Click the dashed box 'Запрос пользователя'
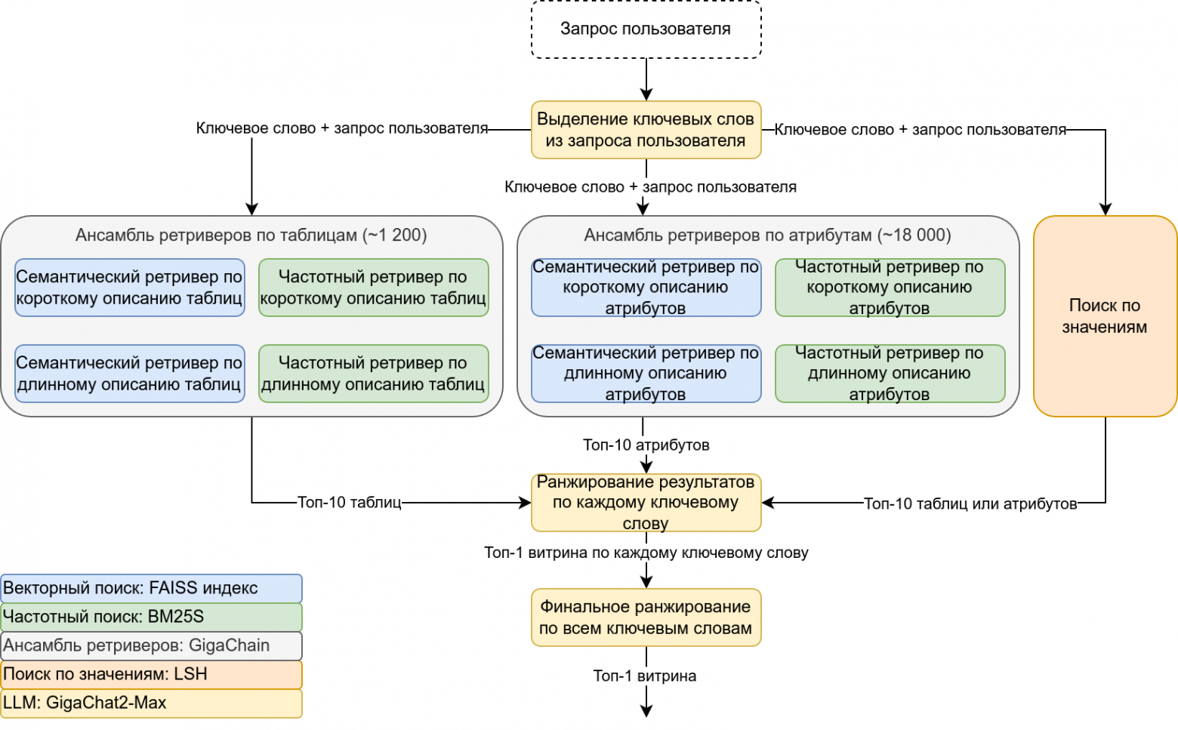point(646,29)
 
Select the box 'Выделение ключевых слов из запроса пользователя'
point(646,130)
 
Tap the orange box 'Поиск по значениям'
point(1105,316)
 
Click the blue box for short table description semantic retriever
point(129,288)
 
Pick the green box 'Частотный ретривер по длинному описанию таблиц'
point(373,374)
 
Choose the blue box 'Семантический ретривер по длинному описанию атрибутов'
point(646,374)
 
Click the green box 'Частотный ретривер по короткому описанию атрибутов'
point(890,288)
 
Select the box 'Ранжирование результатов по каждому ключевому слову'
point(646,503)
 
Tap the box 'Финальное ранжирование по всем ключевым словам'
point(646,618)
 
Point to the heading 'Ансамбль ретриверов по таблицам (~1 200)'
point(251,236)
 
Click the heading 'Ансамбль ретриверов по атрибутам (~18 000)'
point(767,236)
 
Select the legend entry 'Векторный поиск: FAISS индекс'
point(151,589)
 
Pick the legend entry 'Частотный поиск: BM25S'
point(151,617)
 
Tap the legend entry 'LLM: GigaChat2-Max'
point(151,703)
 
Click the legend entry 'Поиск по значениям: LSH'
point(151,674)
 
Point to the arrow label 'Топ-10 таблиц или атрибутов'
point(970,504)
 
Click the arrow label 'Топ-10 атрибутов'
point(646,445)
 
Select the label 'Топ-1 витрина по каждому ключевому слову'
point(646,553)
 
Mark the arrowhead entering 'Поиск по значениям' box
point(1106,210)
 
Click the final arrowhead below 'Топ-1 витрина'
point(646,710)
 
